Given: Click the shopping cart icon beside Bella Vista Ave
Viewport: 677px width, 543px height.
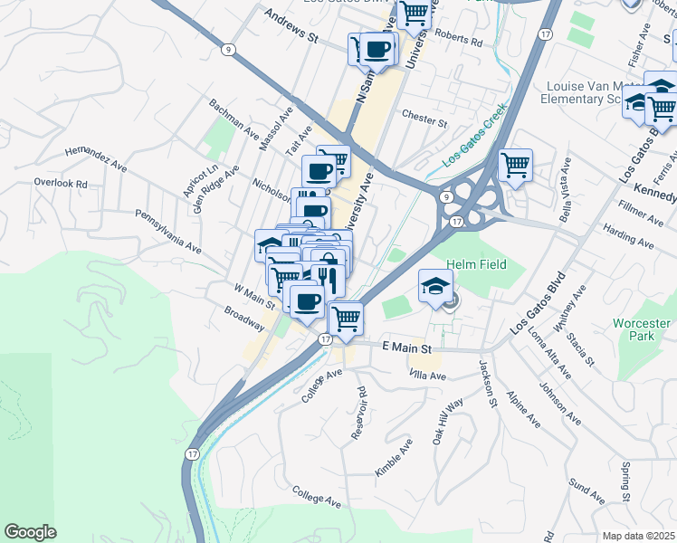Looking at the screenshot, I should tap(515, 165).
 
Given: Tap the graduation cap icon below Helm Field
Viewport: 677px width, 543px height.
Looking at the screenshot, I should tap(435, 287).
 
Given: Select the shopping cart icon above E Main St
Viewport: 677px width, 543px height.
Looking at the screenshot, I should tap(346, 318).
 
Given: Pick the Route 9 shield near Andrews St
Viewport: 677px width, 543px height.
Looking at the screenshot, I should tap(231, 50).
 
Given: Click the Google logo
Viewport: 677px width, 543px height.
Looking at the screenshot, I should tap(31, 532).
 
